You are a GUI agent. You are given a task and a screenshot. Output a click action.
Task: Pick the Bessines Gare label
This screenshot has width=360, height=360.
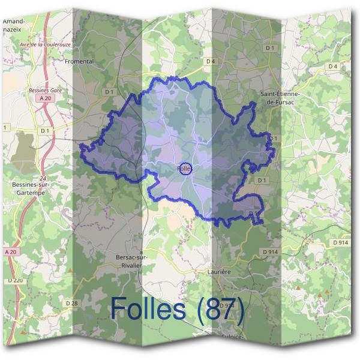click(46, 90)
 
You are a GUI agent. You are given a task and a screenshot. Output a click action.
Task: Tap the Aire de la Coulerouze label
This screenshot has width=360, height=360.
click(46, 44)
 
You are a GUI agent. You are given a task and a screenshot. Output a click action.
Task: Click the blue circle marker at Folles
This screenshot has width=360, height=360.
click(185, 169)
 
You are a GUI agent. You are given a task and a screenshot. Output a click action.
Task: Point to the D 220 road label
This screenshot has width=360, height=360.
click(16, 280)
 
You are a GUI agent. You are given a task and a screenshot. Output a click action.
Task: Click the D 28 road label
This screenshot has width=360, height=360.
click(72, 303)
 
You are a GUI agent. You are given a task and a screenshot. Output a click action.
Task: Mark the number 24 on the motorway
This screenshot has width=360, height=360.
click(43, 179)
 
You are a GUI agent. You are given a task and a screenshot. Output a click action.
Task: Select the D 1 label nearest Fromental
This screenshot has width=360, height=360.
click(109, 92)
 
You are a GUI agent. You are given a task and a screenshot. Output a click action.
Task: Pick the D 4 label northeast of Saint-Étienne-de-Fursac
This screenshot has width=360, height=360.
click(333, 65)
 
